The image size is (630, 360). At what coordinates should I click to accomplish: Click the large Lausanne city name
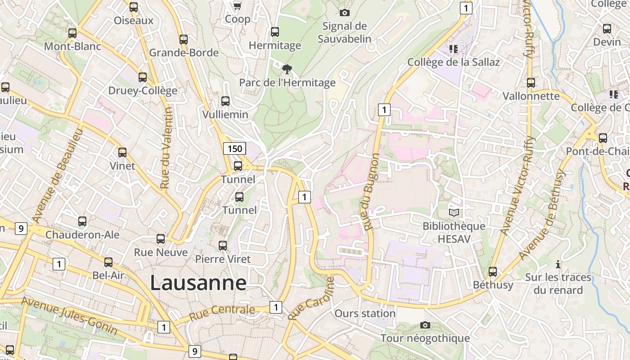click(x=198, y=283)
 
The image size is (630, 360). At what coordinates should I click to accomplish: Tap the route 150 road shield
click(x=234, y=148)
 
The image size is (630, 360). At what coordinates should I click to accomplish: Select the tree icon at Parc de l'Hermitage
click(x=287, y=69)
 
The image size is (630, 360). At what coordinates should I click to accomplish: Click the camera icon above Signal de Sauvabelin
click(x=345, y=13)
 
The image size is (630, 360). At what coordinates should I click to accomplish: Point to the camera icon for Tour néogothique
click(x=425, y=325)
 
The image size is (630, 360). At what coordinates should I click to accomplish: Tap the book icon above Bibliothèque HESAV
click(x=454, y=212)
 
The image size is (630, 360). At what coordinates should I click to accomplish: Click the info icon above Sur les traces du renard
click(x=558, y=264)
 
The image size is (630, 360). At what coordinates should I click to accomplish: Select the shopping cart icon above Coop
click(x=237, y=6)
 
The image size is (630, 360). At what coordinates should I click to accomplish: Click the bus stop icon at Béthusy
click(x=493, y=272)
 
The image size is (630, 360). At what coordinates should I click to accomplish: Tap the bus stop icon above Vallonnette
click(x=531, y=83)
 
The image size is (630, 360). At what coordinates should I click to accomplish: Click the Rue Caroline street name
click(x=311, y=298)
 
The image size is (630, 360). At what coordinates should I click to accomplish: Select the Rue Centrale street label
click(x=222, y=312)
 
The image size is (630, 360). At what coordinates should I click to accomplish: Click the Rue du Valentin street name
click(x=166, y=148)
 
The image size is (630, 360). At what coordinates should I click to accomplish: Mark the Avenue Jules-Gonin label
click(x=70, y=316)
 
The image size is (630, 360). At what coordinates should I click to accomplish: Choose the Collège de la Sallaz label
click(x=454, y=62)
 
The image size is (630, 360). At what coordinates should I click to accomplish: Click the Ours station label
click(x=365, y=313)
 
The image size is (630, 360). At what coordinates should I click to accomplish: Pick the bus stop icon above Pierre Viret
click(x=223, y=246)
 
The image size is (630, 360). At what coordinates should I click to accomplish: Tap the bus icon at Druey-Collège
click(x=143, y=77)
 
